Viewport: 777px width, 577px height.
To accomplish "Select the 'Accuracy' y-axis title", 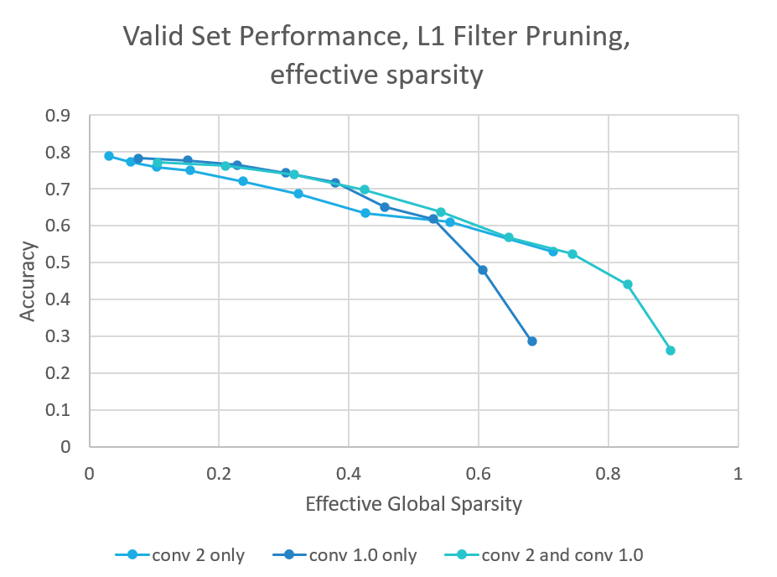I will [28, 281].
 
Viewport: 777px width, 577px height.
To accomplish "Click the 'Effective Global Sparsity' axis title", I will [413, 504].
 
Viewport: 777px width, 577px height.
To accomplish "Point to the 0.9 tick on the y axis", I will [60, 116].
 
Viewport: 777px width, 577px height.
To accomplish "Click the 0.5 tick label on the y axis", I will [60, 263].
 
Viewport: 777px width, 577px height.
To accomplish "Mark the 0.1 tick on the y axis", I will [60, 410].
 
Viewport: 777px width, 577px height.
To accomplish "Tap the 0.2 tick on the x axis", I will [219, 472].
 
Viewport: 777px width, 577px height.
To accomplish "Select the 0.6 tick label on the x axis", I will [479, 472].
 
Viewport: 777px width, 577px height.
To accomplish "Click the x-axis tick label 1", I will [738, 472].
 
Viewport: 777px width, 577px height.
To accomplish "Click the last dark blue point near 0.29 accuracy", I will [531, 341].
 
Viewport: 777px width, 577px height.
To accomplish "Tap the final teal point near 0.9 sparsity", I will [670, 351].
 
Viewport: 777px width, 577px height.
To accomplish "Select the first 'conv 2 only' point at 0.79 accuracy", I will [109, 156].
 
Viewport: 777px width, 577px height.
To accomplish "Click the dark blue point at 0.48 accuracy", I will [482, 270].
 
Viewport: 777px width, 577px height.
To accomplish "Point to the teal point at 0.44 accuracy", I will [627, 284].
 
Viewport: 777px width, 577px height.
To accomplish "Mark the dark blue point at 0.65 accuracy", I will [385, 207].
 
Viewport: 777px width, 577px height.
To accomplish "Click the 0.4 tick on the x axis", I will [349, 472].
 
